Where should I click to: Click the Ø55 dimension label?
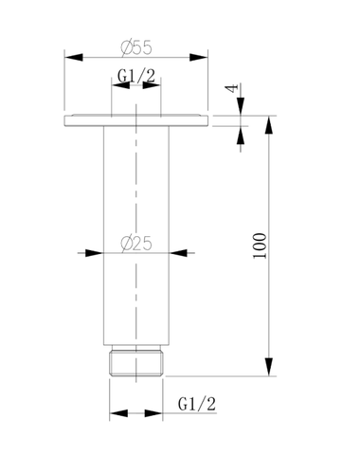pyautogui.click(x=136, y=47)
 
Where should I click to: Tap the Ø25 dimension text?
pyautogui.click(x=136, y=244)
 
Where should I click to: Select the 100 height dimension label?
pyautogui.click(x=260, y=246)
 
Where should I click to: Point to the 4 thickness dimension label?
pyautogui.click(x=232, y=88)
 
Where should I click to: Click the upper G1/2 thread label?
pyautogui.click(x=136, y=76)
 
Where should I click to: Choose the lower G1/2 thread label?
pyautogui.click(x=197, y=404)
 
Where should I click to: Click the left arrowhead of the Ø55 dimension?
pyautogui.click(x=74, y=58)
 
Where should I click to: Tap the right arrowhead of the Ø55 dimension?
pyautogui.click(x=199, y=58)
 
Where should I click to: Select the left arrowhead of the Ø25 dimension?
pyautogui.click(x=95, y=253)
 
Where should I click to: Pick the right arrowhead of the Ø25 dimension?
pyautogui.click(x=178, y=253)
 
